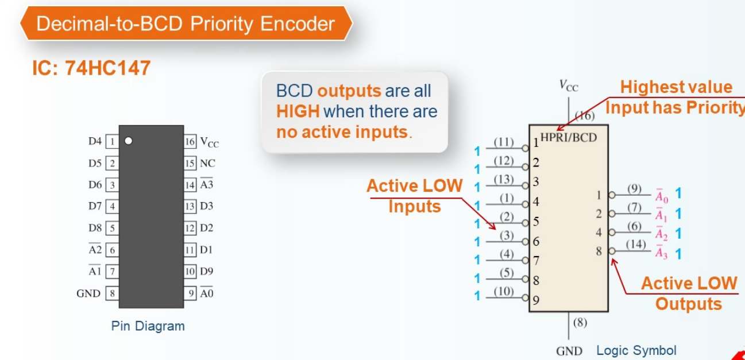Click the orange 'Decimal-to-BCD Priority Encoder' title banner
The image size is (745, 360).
pos(186,24)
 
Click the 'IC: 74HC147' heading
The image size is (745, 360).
pos(91,68)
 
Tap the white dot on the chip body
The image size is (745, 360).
pos(129,141)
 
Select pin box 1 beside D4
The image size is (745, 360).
pos(112,142)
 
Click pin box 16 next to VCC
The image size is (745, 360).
pos(190,142)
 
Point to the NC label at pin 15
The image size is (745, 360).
pos(207,163)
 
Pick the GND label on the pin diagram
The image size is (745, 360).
pos(88,293)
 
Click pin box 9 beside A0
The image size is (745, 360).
pos(190,293)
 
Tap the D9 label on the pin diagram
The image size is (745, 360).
pos(207,272)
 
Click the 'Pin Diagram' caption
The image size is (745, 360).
pos(148,326)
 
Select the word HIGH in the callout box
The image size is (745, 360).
pos(298,111)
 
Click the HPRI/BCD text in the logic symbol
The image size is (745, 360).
pos(569,137)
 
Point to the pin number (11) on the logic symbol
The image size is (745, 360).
pos(504,142)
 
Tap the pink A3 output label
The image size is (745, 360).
pos(661,252)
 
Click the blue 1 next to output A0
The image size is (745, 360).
pos(678,193)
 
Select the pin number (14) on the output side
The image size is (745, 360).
pos(636,245)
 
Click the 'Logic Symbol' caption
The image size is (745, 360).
pos(636,350)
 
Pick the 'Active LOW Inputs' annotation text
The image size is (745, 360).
pos(414,196)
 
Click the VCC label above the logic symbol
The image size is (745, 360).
pos(569,86)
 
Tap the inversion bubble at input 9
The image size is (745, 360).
pos(526,297)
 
